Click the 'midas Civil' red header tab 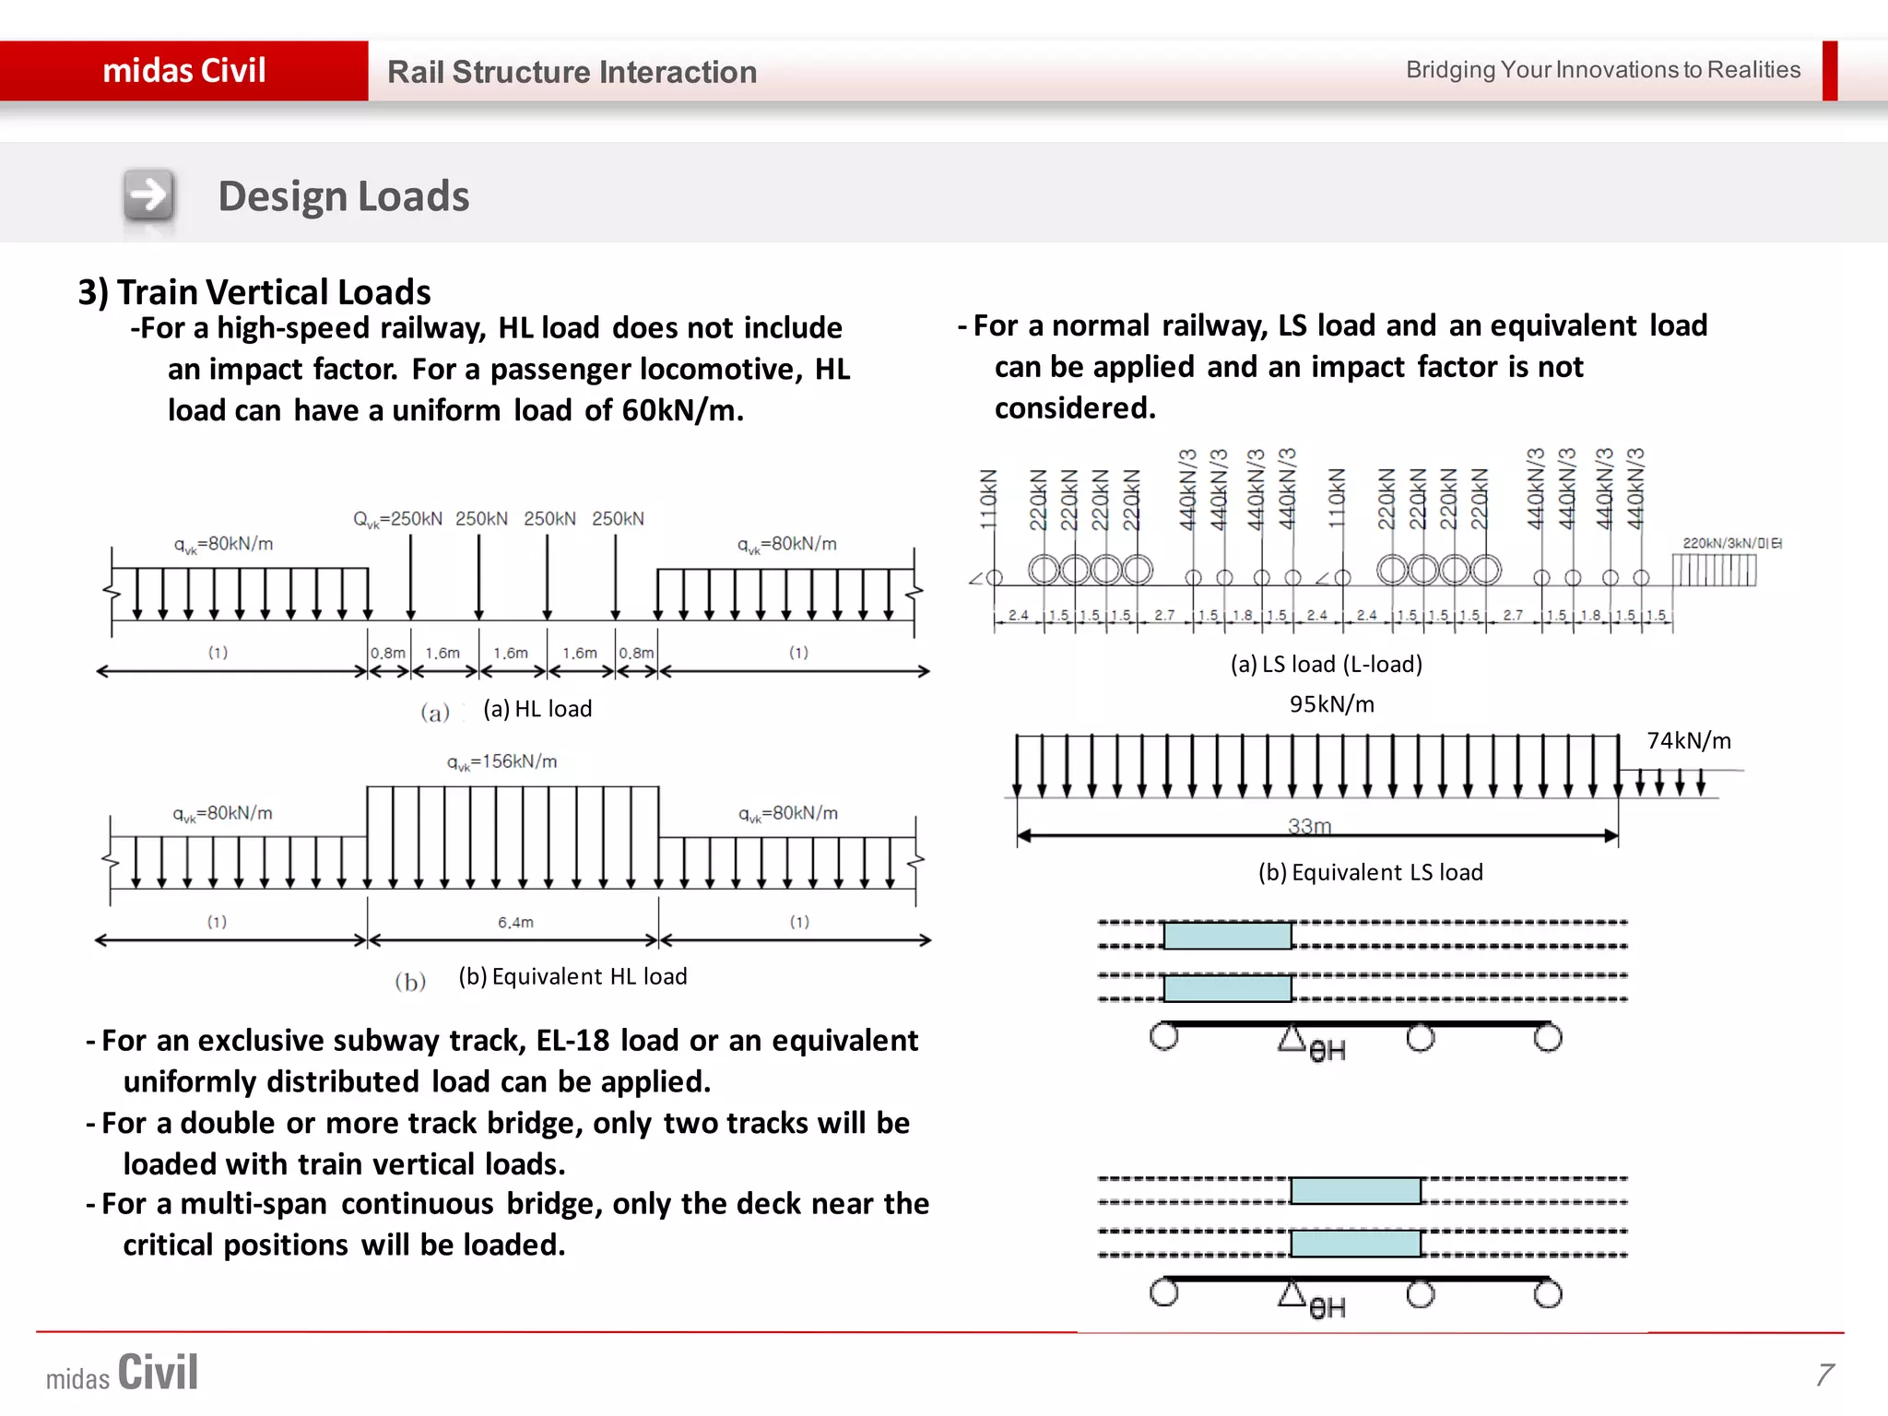point(183,70)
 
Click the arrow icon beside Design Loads point(148,195)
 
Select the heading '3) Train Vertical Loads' point(254,292)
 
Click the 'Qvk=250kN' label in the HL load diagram point(397,519)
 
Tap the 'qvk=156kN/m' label point(501,761)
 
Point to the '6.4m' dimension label point(515,922)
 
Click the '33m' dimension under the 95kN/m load point(1309,825)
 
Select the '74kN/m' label point(1688,741)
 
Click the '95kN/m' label point(1331,704)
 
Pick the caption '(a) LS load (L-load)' point(1326,664)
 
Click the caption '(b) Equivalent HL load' point(572,976)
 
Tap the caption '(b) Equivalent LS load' point(1370,872)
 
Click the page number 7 point(1824,1374)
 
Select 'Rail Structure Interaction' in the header point(572,72)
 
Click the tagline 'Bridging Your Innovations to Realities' point(1602,70)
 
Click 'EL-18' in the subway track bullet point(572,1040)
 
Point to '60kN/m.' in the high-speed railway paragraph point(682,410)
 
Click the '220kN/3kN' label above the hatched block point(1731,543)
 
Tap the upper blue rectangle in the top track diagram point(1227,936)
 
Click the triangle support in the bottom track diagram point(1292,1294)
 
